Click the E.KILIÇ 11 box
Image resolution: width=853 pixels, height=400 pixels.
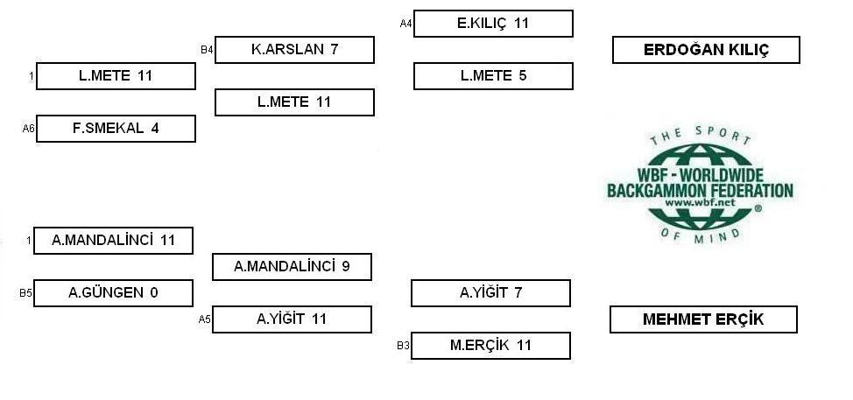pyautogui.click(x=493, y=24)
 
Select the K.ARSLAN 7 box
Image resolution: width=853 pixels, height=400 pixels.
pyautogui.click(x=294, y=50)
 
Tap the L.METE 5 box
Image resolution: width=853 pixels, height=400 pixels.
pyautogui.click(x=493, y=75)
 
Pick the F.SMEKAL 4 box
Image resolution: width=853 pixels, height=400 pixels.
pyautogui.click(x=116, y=129)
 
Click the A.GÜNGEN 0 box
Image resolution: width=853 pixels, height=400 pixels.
pyautogui.click(x=113, y=293)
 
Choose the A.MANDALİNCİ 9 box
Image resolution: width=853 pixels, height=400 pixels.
pyautogui.click(x=292, y=266)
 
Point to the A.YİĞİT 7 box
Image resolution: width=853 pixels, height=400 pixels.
pyautogui.click(x=490, y=293)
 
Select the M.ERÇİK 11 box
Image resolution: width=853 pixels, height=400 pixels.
pyautogui.click(x=490, y=345)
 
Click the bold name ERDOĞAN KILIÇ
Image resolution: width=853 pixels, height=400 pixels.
pyautogui.click(x=706, y=50)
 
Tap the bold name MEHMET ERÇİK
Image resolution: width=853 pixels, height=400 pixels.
pyautogui.click(x=703, y=319)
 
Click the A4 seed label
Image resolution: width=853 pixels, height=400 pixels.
pyautogui.click(x=405, y=24)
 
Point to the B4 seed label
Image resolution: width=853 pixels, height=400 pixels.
pyautogui.click(x=207, y=50)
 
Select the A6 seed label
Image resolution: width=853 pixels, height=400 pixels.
pyautogui.click(x=28, y=129)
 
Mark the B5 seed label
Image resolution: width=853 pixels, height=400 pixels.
pyautogui.click(x=25, y=293)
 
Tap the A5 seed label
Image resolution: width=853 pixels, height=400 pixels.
pyautogui.click(x=204, y=319)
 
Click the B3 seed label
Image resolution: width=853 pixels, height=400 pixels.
pyautogui.click(x=403, y=346)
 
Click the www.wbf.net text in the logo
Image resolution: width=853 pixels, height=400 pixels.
pyautogui.click(x=700, y=202)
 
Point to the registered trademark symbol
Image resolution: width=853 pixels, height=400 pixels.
pyautogui.click(x=758, y=207)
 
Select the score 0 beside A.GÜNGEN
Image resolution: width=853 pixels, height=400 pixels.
pyautogui.click(x=154, y=293)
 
